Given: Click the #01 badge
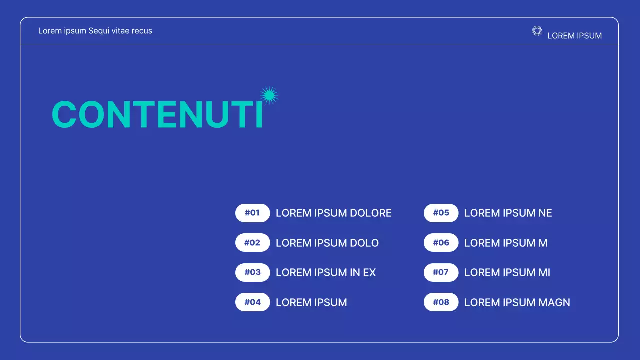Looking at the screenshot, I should click(252, 213).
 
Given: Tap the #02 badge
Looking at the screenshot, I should click(252, 243).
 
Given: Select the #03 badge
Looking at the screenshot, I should click(252, 272).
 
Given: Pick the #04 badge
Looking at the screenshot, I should click(252, 302).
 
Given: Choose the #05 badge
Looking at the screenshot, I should click(441, 213).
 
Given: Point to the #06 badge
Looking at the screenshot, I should click(441, 243).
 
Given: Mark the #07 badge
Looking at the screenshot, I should click(441, 272).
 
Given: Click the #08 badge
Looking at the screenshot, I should click(441, 302).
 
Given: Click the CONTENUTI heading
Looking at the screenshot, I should click(157, 115).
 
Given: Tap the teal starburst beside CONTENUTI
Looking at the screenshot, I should click(269, 95).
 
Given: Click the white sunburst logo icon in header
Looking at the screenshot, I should click(537, 31).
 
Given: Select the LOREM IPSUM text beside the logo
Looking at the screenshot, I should click(574, 36).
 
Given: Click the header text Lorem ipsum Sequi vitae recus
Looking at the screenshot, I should click(95, 31).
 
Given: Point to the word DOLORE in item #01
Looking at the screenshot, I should click(370, 213).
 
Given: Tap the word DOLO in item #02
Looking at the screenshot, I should click(364, 243).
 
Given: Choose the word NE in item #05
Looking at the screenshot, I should click(545, 213).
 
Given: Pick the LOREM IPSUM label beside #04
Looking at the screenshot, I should click(311, 302).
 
